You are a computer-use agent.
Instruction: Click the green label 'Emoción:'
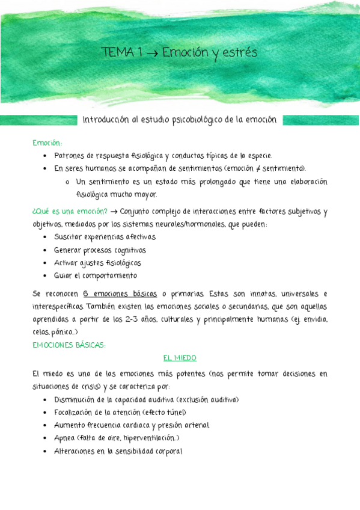47,143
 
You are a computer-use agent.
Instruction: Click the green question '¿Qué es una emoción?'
69,212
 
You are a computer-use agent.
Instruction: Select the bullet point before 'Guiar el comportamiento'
46,276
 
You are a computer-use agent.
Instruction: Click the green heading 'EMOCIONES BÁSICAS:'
69,345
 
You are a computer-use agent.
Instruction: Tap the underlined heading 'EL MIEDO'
180,358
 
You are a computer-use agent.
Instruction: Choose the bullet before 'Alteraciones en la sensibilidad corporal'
46,451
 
